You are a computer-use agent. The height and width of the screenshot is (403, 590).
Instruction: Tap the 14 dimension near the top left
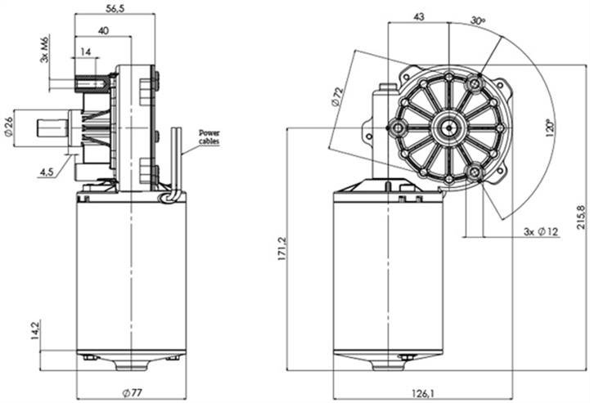click(86, 51)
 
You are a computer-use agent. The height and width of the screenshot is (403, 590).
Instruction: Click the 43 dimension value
click(418, 16)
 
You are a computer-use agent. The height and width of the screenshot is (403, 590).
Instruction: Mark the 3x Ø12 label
click(541, 232)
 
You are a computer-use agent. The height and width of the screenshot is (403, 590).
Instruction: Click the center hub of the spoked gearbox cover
click(449, 127)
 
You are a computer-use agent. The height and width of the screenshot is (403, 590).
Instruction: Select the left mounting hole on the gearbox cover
click(399, 127)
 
